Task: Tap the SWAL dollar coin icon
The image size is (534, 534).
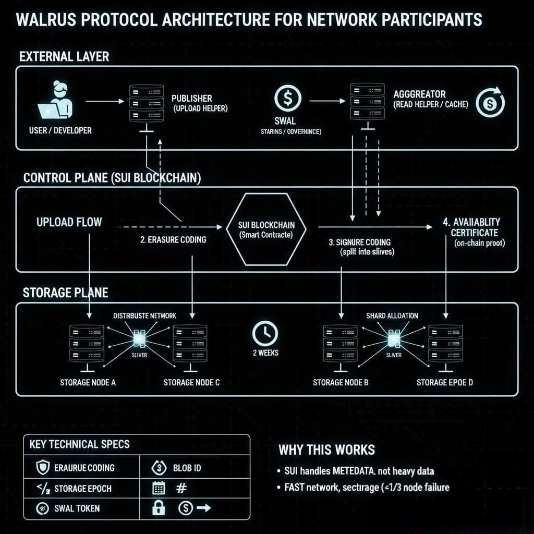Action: [287, 99]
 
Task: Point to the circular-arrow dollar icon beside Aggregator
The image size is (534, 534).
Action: [491, 102]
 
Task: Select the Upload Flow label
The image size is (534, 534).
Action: [69, 222]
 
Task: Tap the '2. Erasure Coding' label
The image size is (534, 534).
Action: [173, 239]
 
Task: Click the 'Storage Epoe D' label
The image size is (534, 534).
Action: [444, 383]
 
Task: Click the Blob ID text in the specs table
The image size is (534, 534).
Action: [187, 468]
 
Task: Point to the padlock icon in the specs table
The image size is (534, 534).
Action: [159, 507]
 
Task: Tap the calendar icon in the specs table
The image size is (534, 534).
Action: [159, 488]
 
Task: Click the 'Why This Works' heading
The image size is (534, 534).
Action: [326, 450]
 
